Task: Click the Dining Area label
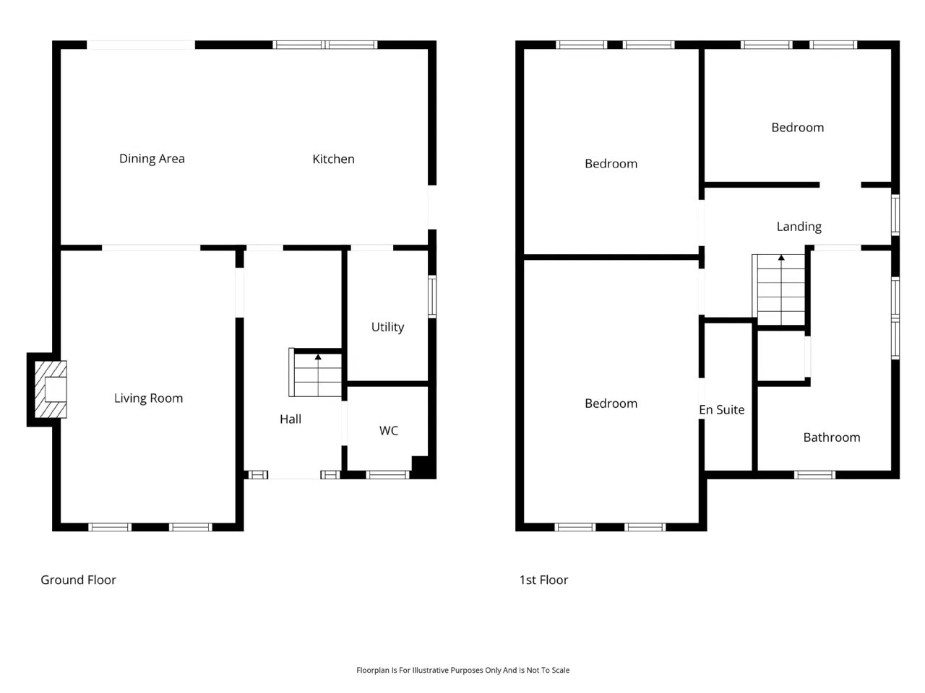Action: click(152, 159)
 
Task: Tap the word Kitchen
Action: click(333, 159)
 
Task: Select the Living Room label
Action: click(148, 398)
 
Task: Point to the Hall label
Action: click(291, 419)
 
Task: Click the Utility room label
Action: click(387, 327)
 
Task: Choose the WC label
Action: click(389, 430)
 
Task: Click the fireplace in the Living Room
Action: click(50, 389)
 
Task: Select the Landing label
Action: click(799, 227)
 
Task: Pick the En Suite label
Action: click(722, 410)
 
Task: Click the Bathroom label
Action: click(832, 437)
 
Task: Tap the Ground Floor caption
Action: click(78, 580)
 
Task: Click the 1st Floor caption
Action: click(543, 580)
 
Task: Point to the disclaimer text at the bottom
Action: click(462, 670)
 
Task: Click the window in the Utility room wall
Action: click(432, 296)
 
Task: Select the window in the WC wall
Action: click(387, 474)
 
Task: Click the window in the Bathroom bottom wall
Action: click(814, 474)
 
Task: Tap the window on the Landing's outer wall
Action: click(895, 215)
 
